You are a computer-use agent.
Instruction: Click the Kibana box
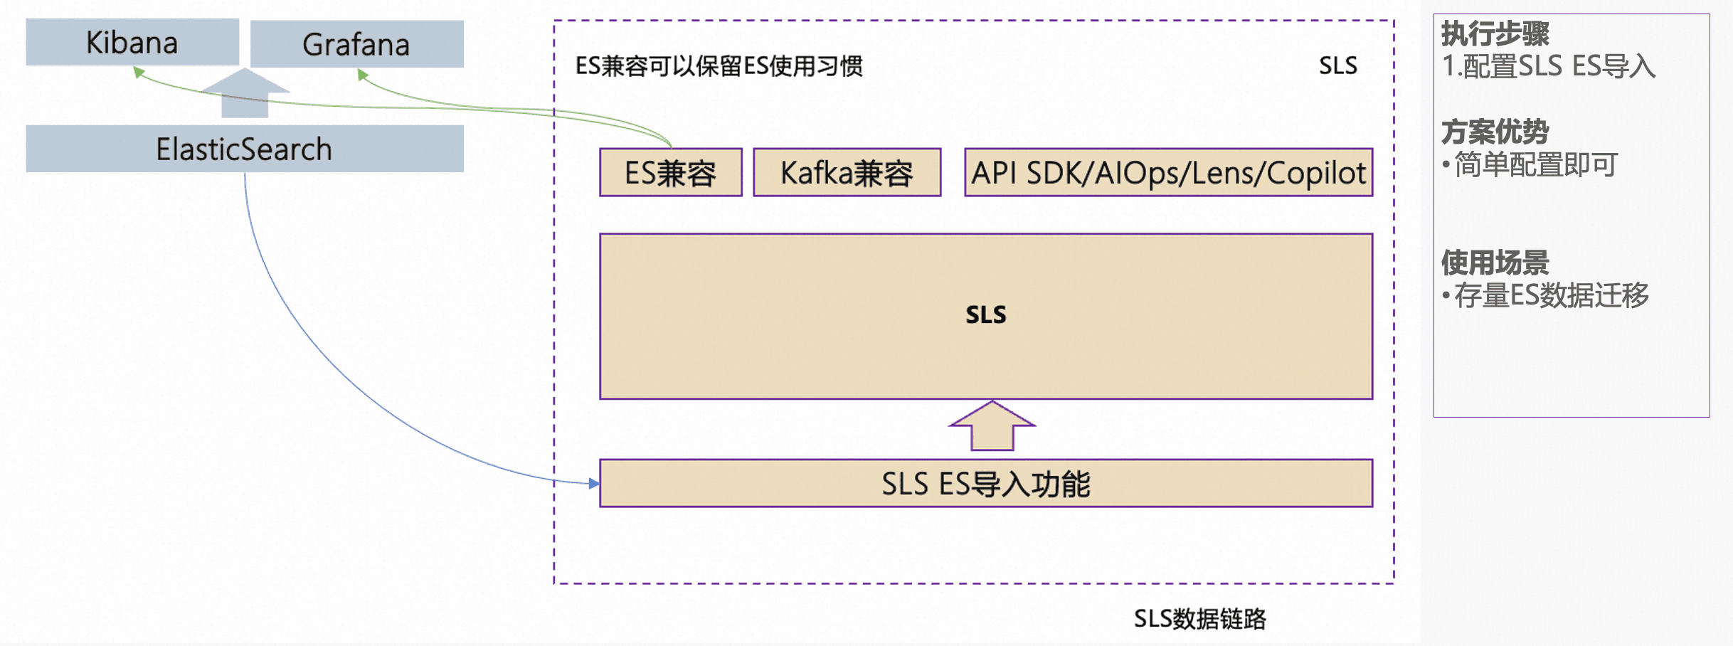click(x=132, y=42)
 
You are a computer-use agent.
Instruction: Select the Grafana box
click(x=356, y=44)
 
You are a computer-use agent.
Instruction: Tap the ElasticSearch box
click(x=244, y=149)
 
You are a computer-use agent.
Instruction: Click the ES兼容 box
click(x=670, y=173)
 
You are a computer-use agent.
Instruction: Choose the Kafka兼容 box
click(x=847, y=173)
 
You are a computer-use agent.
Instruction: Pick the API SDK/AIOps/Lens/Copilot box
click(x=1168, y=173)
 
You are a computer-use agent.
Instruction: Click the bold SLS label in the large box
click(x=985, y=314)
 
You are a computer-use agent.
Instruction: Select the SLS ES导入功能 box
click(x=985, y=484)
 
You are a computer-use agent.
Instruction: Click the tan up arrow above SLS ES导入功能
click(x=992, y=426)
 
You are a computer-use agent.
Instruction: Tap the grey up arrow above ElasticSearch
click(x=245, y=92)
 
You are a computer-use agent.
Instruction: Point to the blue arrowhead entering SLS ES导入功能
click(x=594, y=484)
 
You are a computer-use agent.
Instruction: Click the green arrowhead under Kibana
click(x=139, y=72)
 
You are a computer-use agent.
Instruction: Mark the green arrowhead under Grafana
click(x=363, y=74)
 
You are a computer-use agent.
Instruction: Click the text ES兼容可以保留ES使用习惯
click(x=719, y=66)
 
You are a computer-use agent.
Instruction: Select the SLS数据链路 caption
click(x=1199, y=619)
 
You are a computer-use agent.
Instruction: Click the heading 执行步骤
click(x=1495, y=33)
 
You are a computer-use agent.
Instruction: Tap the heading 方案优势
click(x=1495, y=132)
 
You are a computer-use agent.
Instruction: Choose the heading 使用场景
click(x=1495, y=263)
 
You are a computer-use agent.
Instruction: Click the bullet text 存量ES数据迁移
click(x=1551, y=295)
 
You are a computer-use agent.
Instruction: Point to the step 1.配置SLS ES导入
click(x=1548, y=66)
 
